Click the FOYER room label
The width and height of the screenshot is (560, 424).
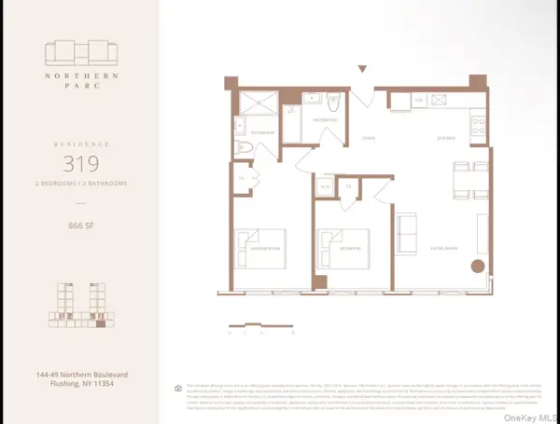point(369,137)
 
